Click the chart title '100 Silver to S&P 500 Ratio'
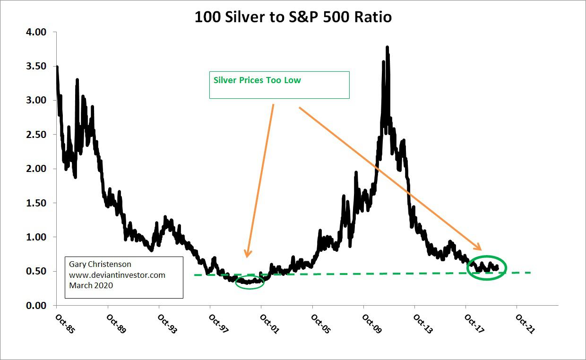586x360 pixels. (293, 17)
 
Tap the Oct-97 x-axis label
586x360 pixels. (218, 324)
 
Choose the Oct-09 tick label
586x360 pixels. (371, 324)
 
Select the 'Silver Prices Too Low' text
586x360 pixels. (257, 80)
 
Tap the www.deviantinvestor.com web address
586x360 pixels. (117, 275)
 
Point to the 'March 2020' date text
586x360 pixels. (91, 285)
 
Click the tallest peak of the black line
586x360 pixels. (388, 47)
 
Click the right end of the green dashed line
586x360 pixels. (531, 273)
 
